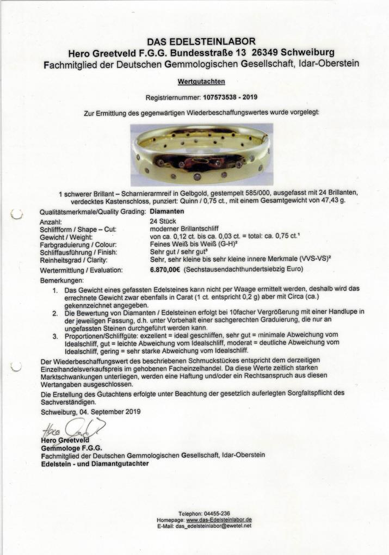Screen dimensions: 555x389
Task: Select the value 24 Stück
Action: pos(162,222)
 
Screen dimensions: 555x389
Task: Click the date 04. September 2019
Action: pos(109,411)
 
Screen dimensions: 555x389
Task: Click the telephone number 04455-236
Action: pos(218,514)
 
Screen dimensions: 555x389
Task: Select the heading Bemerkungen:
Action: pos(60,280)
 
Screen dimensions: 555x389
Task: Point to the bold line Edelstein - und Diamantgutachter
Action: pos(94,464)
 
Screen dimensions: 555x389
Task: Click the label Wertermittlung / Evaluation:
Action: pos(81,270)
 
